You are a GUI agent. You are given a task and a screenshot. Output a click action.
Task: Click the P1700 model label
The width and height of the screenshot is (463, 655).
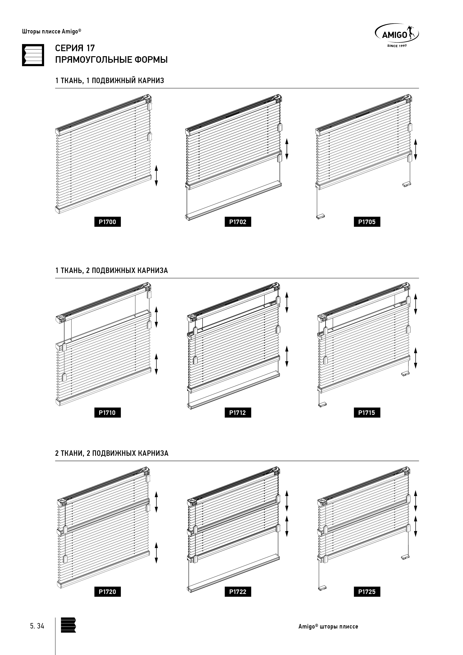pos(108,222)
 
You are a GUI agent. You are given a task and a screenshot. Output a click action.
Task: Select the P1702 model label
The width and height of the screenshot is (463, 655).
pos(238,222)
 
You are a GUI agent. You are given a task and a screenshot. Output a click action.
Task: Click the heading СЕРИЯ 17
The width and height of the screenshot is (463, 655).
pos(75,48)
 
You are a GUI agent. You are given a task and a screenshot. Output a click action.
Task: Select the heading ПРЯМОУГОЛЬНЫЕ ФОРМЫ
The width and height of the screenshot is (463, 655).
pos(111,60)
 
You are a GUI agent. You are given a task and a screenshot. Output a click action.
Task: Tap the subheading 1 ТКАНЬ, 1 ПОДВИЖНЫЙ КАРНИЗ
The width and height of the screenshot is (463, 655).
pos(110,81)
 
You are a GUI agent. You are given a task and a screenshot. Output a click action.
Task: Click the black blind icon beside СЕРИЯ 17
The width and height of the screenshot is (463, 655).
pos(33,55)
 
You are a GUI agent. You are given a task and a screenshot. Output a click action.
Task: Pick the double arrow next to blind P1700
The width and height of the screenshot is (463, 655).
pos(156,176)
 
